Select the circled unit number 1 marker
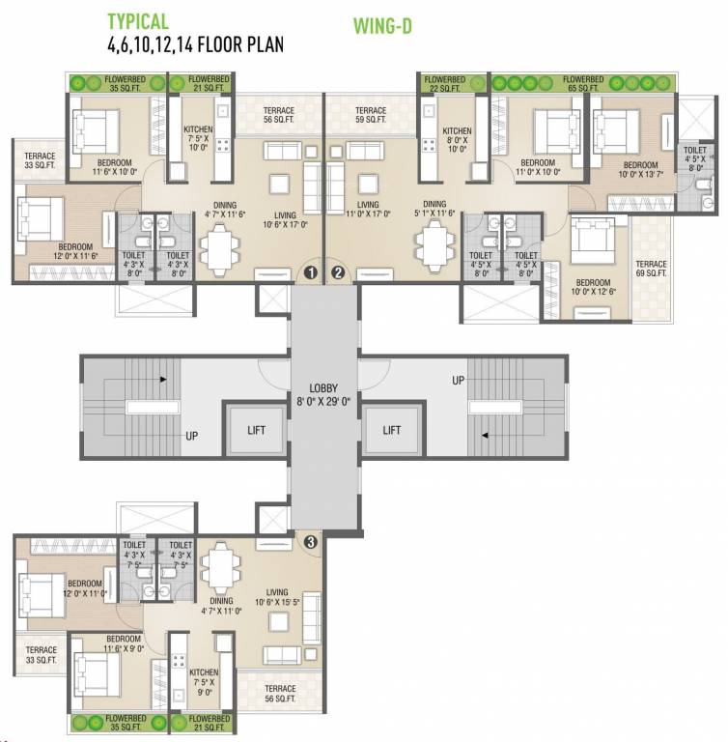point(311,272)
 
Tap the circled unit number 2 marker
point(338,272)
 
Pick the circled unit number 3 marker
point(310,542)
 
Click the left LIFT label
point(256,430)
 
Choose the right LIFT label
point(391,430)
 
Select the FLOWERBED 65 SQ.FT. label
point(583,83)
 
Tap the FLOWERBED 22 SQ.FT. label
point(445,83)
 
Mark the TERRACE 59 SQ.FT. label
point(370,117)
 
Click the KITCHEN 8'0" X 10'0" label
point(457,143)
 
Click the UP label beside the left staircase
point(192,437)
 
